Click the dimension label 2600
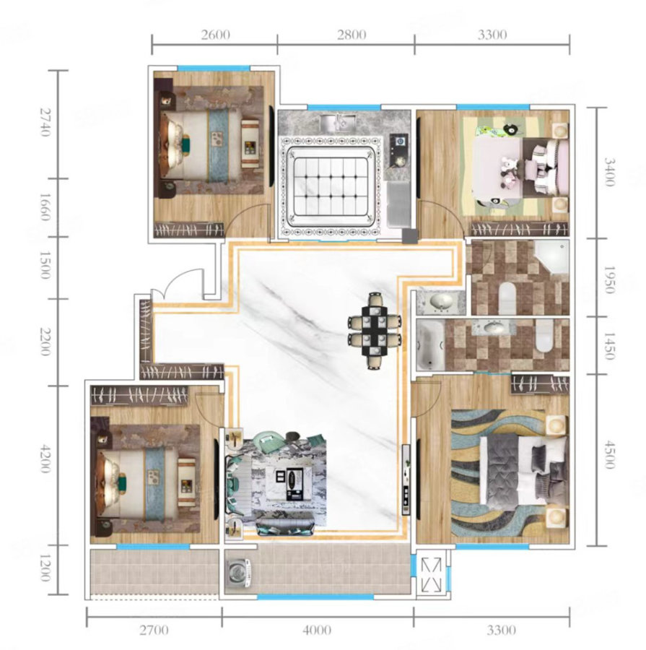point(216,35)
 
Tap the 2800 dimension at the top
point(352,35)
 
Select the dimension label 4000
point(317,630)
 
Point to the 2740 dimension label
point(45,122)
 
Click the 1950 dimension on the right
point(608,279)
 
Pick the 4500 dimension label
point(608,455)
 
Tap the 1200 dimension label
point(45,568)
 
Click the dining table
point(375,331)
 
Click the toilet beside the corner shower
point(507,298)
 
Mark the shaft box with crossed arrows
point(432,575)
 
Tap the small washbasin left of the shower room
point(440,301)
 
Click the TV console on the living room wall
point(406,480)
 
